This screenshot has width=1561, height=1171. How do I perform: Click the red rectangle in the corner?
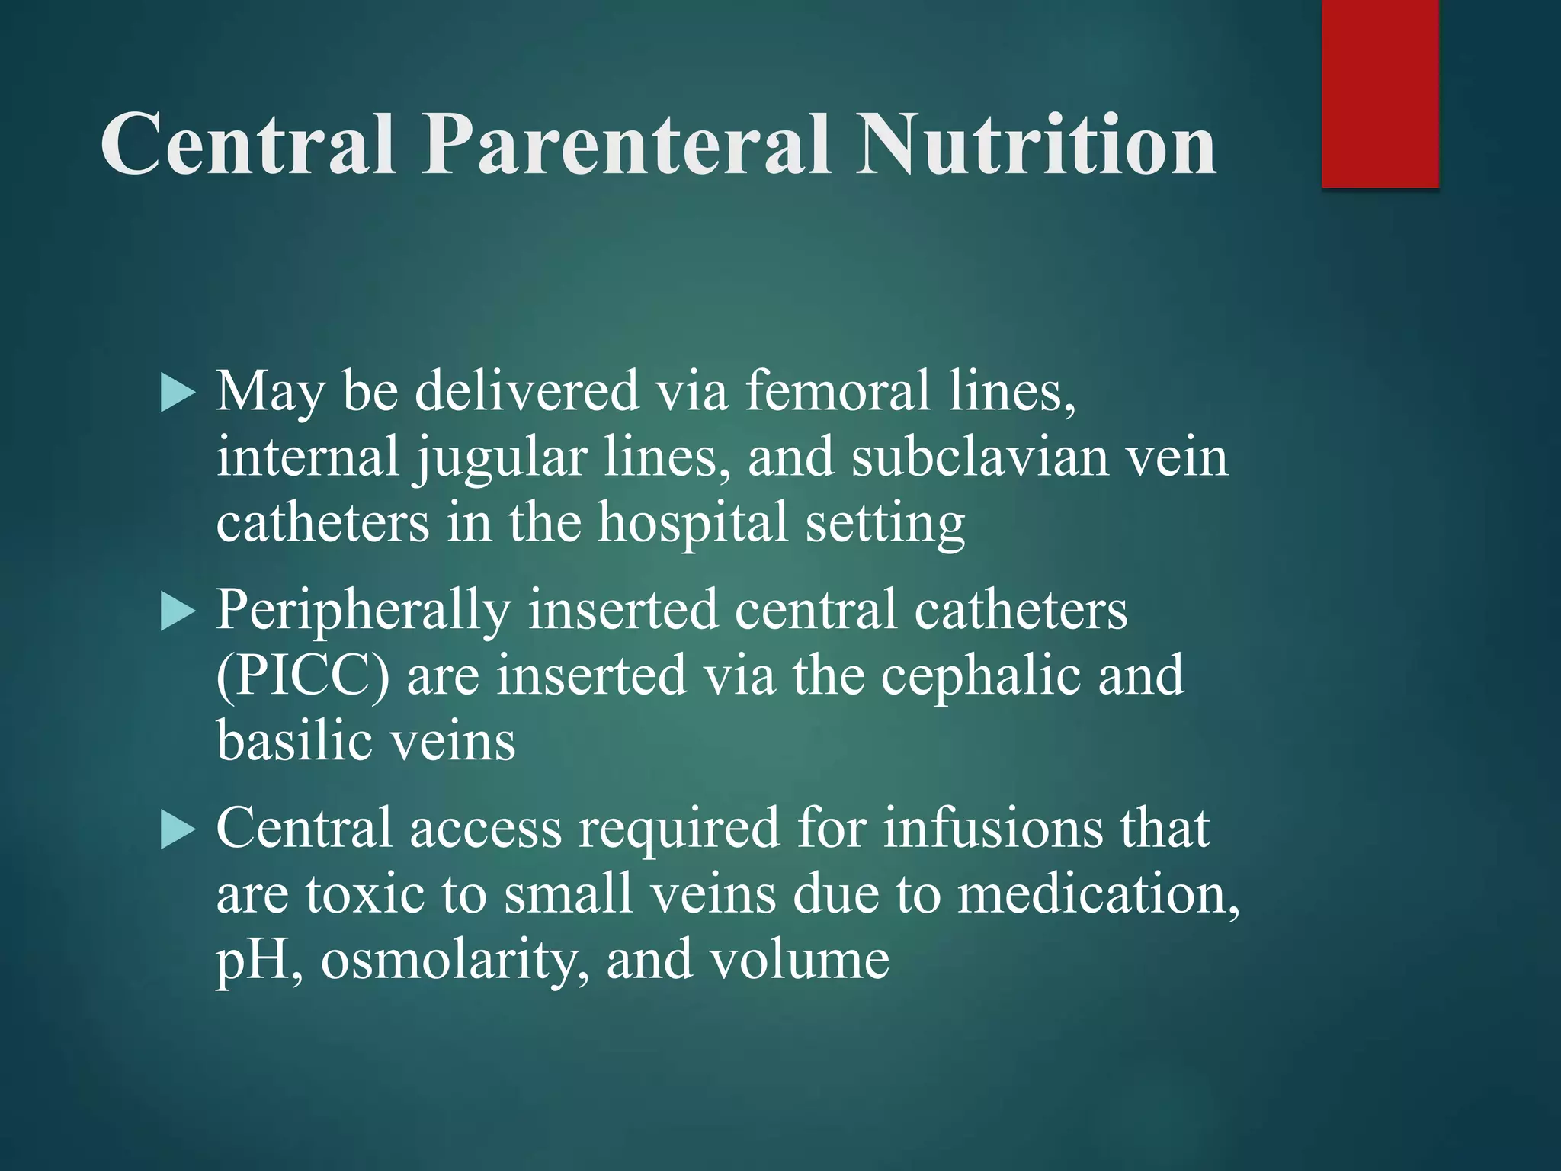(1380, 93)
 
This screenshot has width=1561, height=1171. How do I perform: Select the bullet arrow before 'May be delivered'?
(178, 395)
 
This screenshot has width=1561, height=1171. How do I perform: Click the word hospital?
(692, 525)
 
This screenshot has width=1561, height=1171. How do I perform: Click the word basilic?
(296, 741)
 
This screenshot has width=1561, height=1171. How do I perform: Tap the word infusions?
(992, 829)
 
